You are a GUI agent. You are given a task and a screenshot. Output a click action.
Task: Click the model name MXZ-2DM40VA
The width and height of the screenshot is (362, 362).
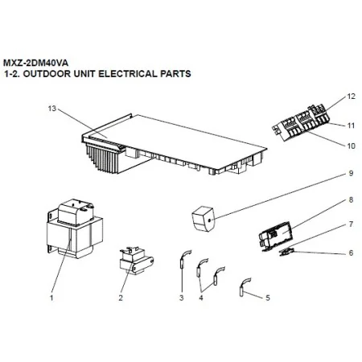pos(35,63)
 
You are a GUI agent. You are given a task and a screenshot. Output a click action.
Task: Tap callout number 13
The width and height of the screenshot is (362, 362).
pos(52,109)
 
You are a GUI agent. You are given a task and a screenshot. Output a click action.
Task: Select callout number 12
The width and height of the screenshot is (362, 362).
pos(351,97)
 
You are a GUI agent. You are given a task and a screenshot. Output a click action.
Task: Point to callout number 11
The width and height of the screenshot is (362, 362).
pos(351,125)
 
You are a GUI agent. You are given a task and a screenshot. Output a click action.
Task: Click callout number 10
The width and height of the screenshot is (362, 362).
pos(351,146)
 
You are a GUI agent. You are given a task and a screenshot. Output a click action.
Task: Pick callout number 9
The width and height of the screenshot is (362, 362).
pos(351,173)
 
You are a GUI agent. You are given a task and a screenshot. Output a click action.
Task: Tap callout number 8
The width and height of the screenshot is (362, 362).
pos(351,200)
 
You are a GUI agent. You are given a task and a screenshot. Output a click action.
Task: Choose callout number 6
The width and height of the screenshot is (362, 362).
pos(351,253)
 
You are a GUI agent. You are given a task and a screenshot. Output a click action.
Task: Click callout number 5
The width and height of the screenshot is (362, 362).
pos(268,298)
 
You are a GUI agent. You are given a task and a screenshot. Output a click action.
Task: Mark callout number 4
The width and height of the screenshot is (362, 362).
pos(201,298)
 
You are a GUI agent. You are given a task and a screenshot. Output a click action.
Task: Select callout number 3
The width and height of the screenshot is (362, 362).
pos(182,298)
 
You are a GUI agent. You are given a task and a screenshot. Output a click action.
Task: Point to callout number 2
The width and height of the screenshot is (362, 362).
pos(121,298)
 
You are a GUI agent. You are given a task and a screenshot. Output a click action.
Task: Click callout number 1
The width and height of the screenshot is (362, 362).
pos(51,298)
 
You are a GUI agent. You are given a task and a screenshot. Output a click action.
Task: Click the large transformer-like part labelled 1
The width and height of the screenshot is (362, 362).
pos(75,228)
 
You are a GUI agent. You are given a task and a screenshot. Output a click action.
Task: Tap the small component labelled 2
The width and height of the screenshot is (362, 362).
pos(136,261)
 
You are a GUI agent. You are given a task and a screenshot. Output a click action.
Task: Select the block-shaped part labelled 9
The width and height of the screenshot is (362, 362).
pos(203,219)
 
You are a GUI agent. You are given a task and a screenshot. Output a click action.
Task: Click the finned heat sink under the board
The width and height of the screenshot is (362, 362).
pos(103,158)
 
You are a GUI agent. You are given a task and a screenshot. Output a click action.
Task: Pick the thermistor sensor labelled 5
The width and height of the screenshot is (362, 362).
pos(244,287)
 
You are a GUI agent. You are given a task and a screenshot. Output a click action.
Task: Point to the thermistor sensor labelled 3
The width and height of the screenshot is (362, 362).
pos(183,262)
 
